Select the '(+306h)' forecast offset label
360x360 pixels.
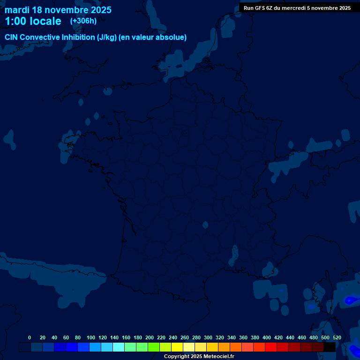[x=83, y=21]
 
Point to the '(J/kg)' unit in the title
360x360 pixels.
[x=106, y=37]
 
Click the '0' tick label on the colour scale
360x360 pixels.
[x=30, y=337]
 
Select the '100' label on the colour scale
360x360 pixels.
[x=91, y=337]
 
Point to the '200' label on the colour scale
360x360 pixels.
[x=150, y=337]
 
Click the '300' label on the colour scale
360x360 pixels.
[x=208, y=337]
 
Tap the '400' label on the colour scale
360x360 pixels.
[x=267, y=337]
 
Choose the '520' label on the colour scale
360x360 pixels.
[x=337, y=337]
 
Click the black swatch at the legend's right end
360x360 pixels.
[x=330, y=347]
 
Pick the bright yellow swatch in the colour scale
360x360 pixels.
[x=177, y=347]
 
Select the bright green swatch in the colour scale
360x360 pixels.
[x=154, y=347]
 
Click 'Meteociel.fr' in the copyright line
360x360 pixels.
[x=219, y=357]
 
